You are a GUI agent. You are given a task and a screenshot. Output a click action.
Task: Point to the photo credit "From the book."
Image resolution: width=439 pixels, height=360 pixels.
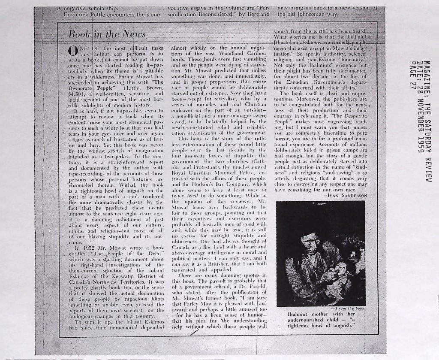(x=351, y=308)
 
